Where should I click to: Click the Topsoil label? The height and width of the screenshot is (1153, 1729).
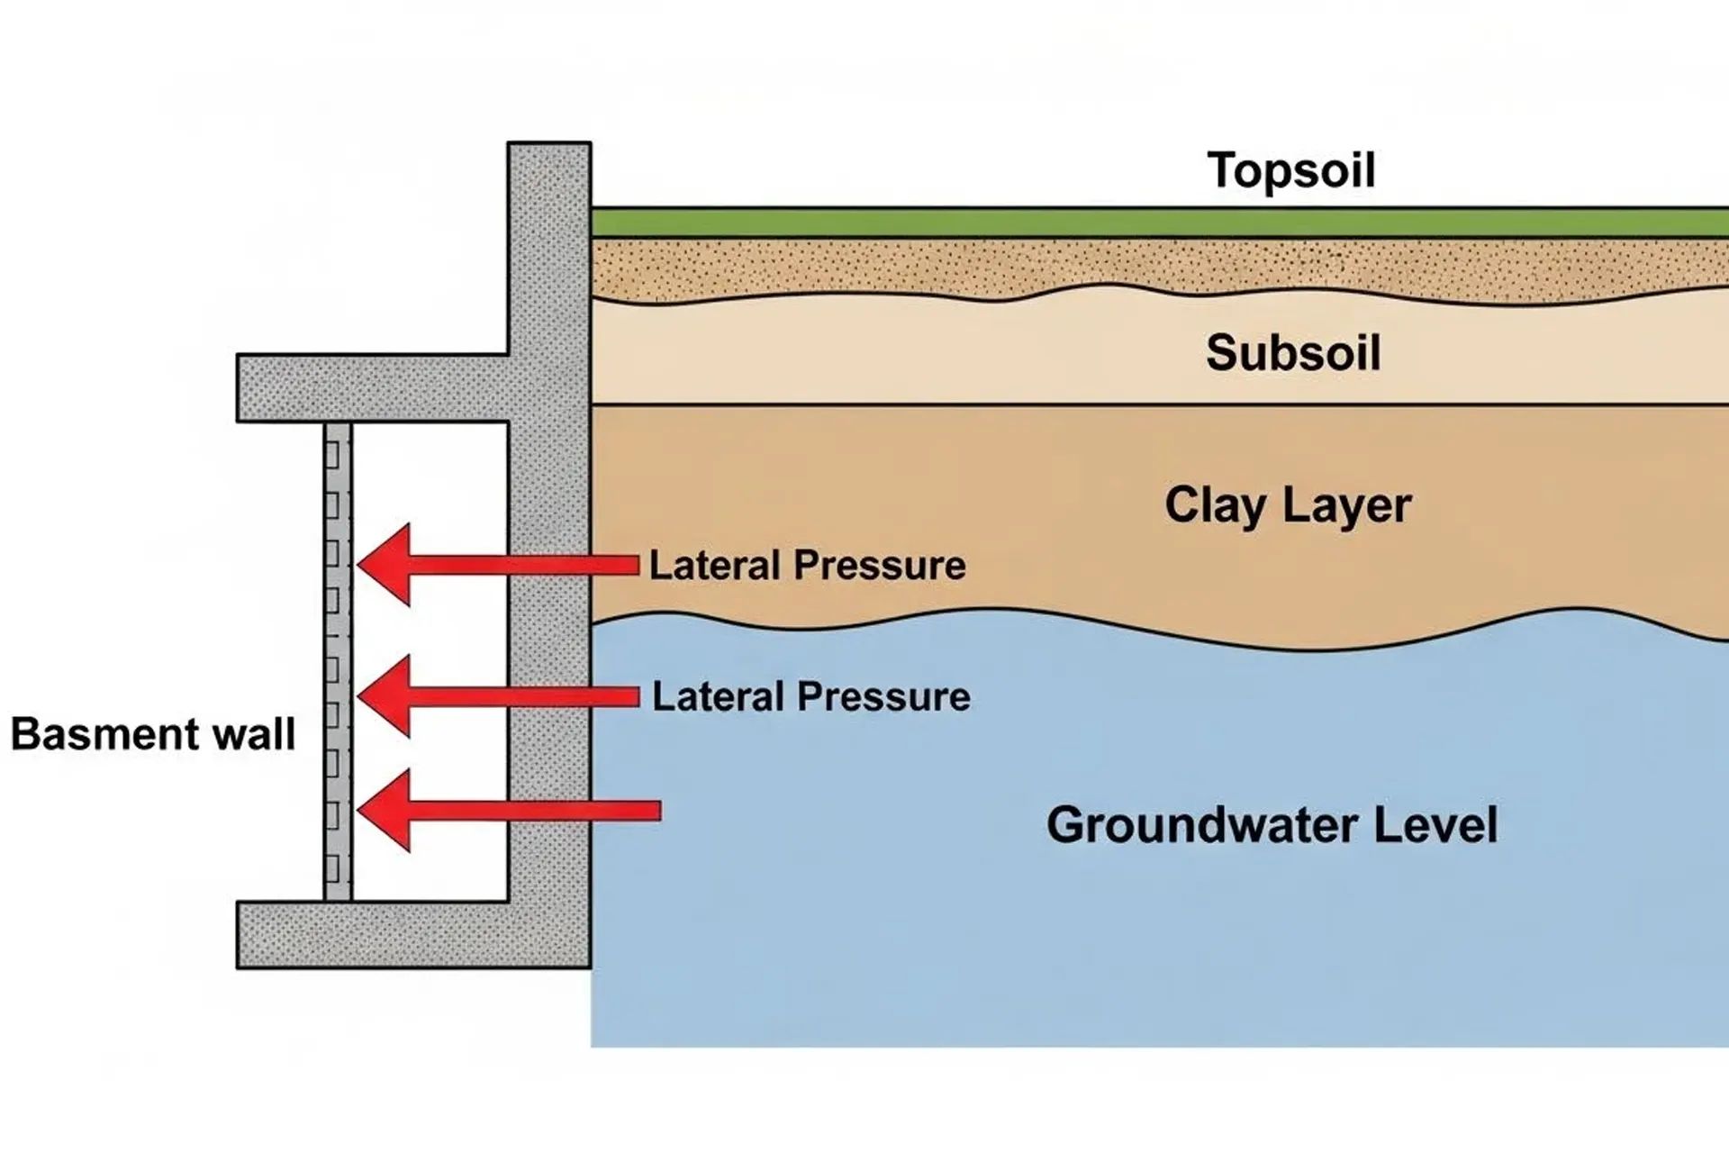point(1290,170)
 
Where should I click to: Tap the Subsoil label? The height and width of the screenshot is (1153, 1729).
point(1293,352)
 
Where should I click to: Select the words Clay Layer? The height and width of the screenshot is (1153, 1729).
point(1287,505)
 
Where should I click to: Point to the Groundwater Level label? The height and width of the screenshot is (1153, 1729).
point(1272,825)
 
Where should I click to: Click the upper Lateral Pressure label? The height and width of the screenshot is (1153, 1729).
point(807,566)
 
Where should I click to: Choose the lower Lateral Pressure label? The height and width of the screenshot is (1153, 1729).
point(810,697)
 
